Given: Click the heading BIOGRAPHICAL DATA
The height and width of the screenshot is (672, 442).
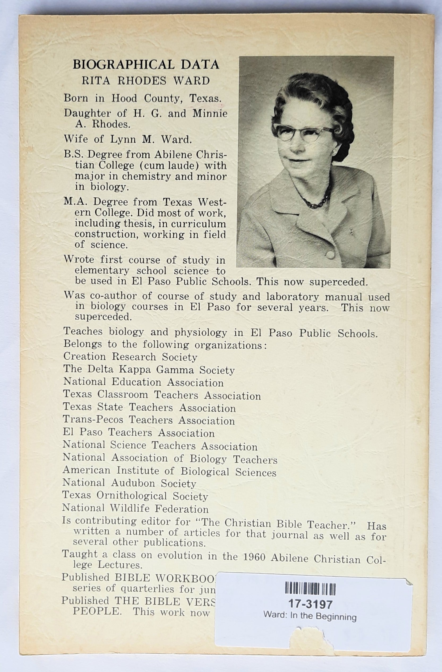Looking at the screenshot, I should point(146,65).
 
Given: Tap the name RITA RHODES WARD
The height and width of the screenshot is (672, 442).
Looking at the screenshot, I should point(145,81).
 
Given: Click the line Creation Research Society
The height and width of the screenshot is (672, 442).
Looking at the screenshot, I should point(130,357).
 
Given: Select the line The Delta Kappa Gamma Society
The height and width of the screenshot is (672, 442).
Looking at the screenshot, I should point(149,370).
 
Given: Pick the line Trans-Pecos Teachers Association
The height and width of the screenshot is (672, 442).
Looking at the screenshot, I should point(148,420).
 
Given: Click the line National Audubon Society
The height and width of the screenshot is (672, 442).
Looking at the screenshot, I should point(129,483).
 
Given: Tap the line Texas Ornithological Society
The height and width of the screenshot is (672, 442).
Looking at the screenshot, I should point(135,496).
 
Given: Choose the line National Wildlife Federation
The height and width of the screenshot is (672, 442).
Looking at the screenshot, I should point(135,509).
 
